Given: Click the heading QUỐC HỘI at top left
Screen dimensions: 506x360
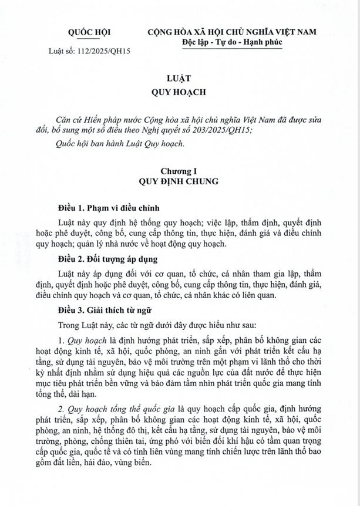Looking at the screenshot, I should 89,32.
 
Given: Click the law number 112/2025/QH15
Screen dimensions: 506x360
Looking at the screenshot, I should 105,51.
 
